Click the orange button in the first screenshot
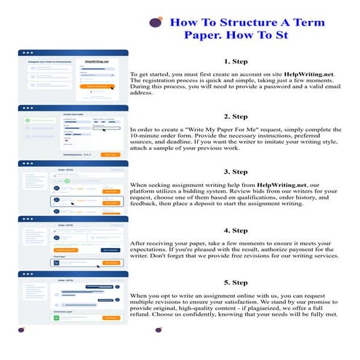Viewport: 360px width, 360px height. (x=97, y=86)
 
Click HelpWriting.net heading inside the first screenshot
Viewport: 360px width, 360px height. (x=96, y=62)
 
